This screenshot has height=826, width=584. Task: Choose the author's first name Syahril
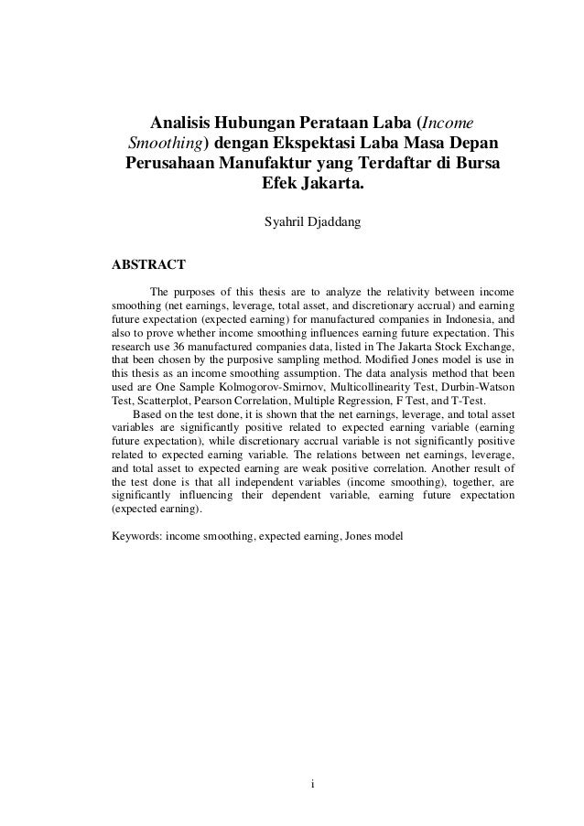tap(286, 220)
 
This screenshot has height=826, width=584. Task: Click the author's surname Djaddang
tap(336, 220)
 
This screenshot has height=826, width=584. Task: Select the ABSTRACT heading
tap(148, 265)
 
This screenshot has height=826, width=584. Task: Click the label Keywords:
tap(135, 537)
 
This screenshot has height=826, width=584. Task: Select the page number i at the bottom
tap(312, 783)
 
